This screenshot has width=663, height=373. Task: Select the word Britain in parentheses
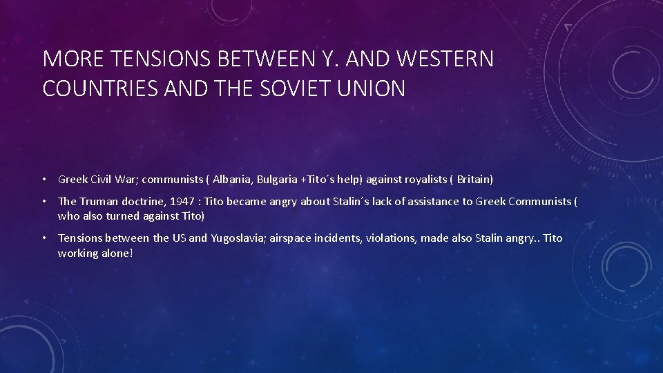tap(473, 180)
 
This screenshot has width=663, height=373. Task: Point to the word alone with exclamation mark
tap(117, 253)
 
